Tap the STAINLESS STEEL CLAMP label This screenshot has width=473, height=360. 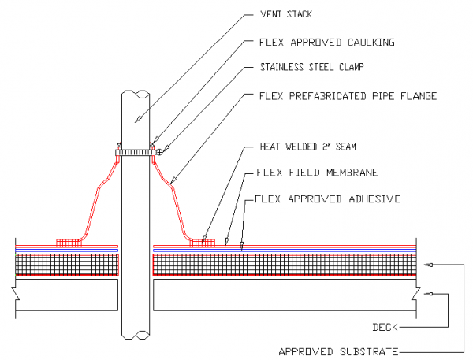[314, 67]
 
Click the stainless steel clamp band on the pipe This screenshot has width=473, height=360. [135, 150]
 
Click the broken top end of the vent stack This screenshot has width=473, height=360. [135, 93]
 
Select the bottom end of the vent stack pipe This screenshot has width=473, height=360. [135, 333]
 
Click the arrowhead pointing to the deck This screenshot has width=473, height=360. [428, 294]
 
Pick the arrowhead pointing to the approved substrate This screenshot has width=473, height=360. [428, 265]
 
